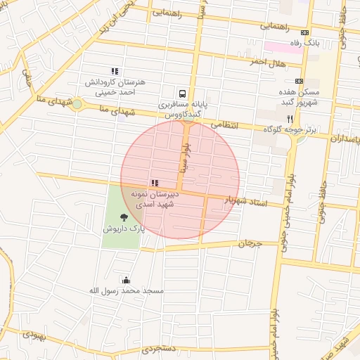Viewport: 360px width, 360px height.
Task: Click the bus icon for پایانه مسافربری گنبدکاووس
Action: pos(183,94)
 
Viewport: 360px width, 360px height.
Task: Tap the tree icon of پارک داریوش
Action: pos(124,217)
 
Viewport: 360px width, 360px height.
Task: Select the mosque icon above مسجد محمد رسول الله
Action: pos(126,280)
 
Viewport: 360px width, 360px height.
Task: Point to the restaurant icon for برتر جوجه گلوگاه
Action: pos(290,120)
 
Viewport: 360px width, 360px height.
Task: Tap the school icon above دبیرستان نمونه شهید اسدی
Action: pos(155,183)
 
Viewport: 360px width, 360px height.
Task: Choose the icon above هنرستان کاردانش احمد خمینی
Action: pos(115,71)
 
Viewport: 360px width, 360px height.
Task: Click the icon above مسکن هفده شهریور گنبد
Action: pos(300,81)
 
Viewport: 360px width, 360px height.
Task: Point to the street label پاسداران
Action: pos(345,140)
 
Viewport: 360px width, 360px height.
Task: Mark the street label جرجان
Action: pos(249,244)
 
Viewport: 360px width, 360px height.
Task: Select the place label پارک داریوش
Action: pos(124,229)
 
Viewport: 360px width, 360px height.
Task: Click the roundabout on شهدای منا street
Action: pos(77,105)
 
